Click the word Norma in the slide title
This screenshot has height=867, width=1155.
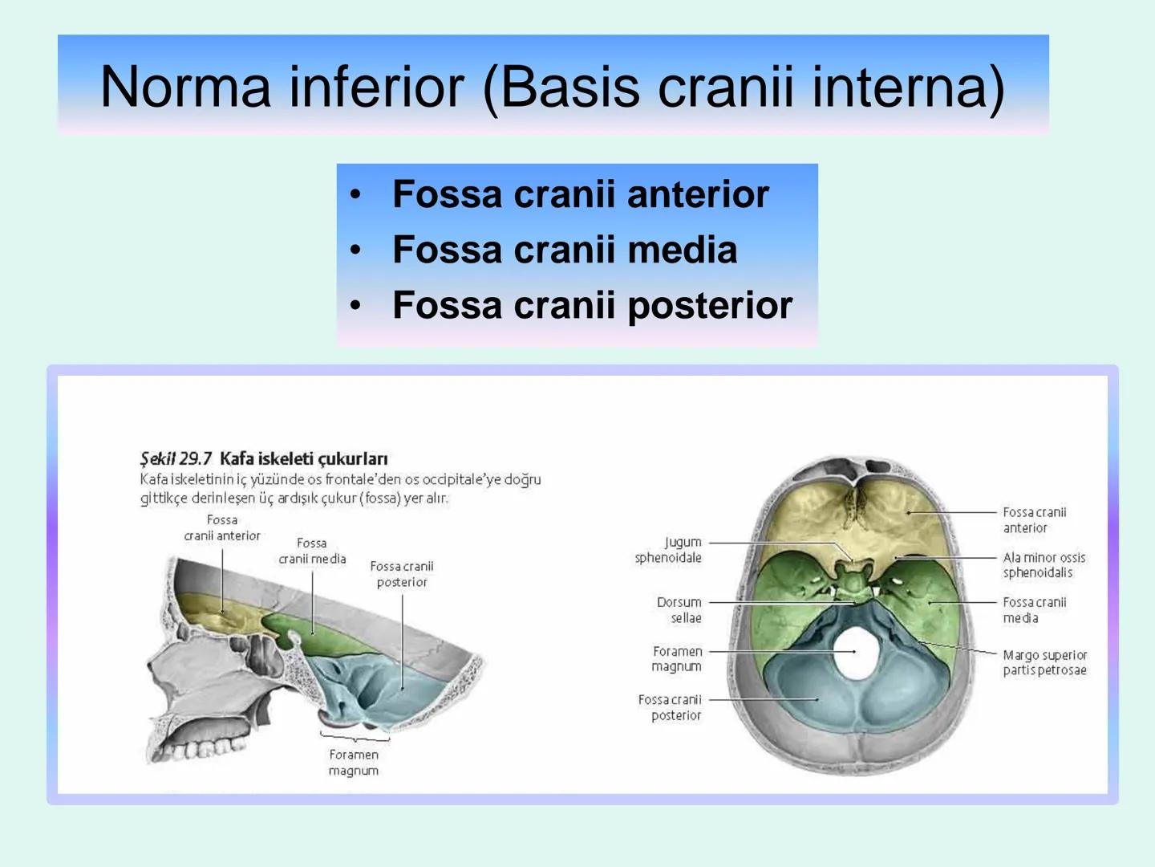pyautogui.click(x=185, y=87)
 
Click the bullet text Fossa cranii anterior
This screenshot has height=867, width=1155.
pyautogui.click(x=580, y=194)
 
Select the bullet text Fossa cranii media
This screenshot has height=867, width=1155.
pyautogui.click(x=564, y=250)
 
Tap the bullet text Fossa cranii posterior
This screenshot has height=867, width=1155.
pyautogui.click(x=592, y=305)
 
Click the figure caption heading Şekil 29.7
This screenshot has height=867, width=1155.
pyautogui.click(x=176, y=458)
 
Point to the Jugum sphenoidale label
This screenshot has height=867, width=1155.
pyautogui.click(x=668, y=550)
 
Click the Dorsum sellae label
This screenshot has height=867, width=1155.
pyautogui.click(x=679, y=610)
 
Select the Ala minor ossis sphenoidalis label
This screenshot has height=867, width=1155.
pyautogui.click(x=1044, y=564)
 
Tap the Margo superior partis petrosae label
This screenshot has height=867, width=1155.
pyautogui.click(x=1044, y=662)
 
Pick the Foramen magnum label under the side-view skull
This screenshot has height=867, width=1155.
pyautogui.click(x=353, y=763)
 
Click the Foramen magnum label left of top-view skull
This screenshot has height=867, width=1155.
pyautogui.click(x=676, y=658)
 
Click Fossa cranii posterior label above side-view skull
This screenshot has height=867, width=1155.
pyautogui.click(x=401, y=574)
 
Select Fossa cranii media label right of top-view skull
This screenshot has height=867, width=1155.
pyautogui.click(x=1034, y=610)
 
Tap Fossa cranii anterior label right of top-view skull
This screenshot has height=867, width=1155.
pyautogui.click(x=1034, y=519)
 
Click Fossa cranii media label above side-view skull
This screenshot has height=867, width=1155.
pyautogui.click(x=312, y=551)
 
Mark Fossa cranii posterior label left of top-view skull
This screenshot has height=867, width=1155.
pyautogui.click(x=670, y=707)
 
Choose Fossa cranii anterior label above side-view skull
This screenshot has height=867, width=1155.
pyautogui.click(x=222, y=527)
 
